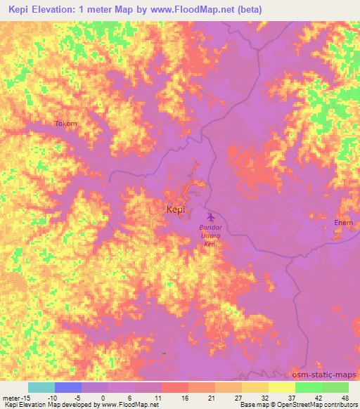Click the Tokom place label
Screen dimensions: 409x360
(66, 124)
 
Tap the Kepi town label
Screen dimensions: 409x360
(175, 209)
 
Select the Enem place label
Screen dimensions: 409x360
(343, 223)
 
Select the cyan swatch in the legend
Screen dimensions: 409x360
(41, 387)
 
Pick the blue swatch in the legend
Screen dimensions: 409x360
(68, 387)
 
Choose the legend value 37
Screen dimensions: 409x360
(292, 398)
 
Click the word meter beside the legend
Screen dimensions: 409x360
(12, 398)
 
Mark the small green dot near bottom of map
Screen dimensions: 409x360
(163, 353)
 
